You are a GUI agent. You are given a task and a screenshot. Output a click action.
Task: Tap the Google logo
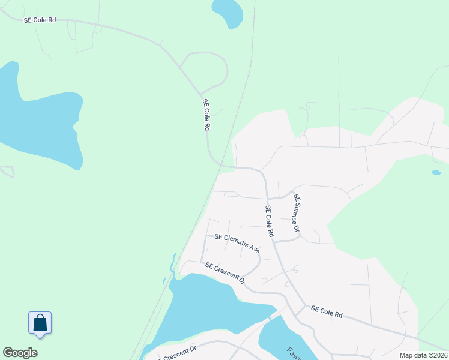20,353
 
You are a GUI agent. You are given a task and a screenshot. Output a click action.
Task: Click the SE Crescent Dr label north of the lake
225,273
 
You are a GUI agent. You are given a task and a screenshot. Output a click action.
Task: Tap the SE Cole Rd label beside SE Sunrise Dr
270,220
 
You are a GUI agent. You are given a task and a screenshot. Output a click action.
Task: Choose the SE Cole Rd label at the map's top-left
40,20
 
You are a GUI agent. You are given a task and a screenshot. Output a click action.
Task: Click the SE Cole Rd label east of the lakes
327,312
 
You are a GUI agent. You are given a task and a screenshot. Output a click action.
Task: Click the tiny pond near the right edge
436,172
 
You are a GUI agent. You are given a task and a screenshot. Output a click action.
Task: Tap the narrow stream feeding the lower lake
173,264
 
